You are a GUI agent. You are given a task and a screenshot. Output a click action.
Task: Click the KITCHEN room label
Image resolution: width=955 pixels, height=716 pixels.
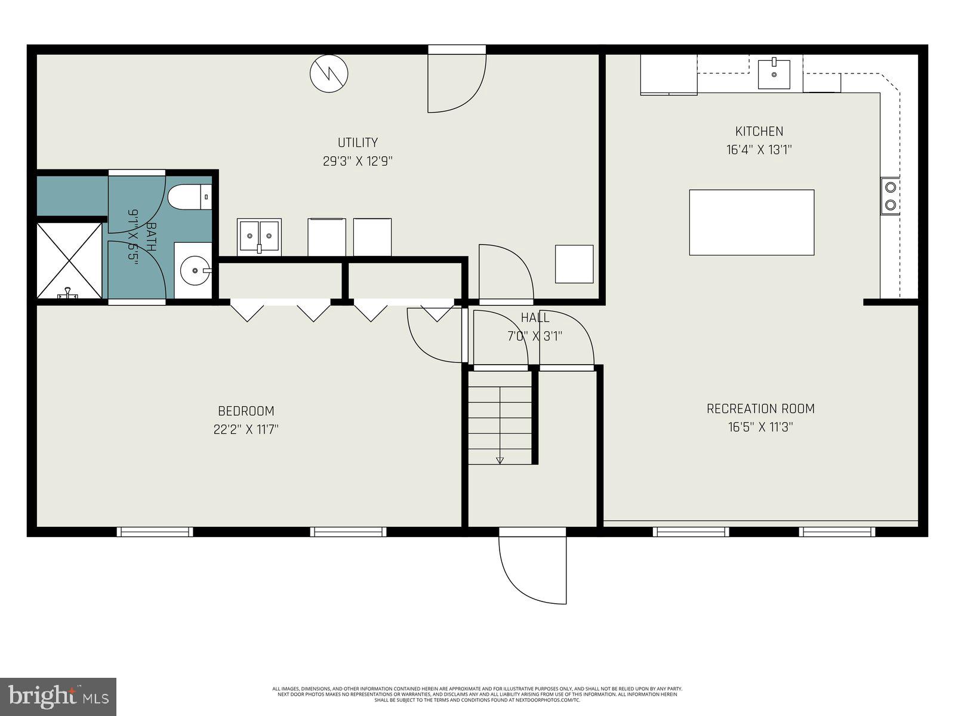pos(759,131)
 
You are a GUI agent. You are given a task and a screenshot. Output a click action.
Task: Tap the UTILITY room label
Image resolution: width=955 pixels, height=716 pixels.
pos(358,143)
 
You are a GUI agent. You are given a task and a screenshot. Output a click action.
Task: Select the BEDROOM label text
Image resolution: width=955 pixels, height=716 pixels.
pos(246,411)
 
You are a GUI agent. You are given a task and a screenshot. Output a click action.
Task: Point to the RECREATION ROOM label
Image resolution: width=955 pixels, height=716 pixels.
pos(760,409)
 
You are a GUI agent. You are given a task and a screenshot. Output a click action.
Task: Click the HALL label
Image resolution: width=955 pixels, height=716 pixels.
pos(535,317)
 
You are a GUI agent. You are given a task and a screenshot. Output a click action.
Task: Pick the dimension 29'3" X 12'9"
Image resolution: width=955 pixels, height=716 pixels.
pos(358,161)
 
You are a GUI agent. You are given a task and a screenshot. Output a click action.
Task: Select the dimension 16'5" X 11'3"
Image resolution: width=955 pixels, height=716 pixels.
pos(760,427)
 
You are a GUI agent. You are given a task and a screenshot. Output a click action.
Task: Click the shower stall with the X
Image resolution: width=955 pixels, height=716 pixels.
pos(69,260)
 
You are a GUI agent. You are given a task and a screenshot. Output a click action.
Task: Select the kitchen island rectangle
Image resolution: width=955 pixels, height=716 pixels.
pos(751,223)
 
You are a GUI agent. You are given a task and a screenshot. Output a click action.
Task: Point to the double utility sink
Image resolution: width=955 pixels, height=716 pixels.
pos(259,236)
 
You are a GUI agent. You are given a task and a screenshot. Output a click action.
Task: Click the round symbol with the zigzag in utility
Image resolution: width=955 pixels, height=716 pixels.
pos(328,73)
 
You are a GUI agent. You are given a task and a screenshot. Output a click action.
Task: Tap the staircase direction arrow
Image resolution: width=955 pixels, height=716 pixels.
pos(500,459)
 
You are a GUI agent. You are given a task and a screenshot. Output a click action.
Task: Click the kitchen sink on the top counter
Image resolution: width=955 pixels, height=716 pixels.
pos(774,73)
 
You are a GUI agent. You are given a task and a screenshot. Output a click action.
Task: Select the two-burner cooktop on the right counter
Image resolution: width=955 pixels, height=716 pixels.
pos(890,196)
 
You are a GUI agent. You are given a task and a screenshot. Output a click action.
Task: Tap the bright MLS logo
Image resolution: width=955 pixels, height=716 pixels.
pos(58,696)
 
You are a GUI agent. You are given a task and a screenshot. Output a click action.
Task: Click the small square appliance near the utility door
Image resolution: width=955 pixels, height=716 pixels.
pos(574,264)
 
